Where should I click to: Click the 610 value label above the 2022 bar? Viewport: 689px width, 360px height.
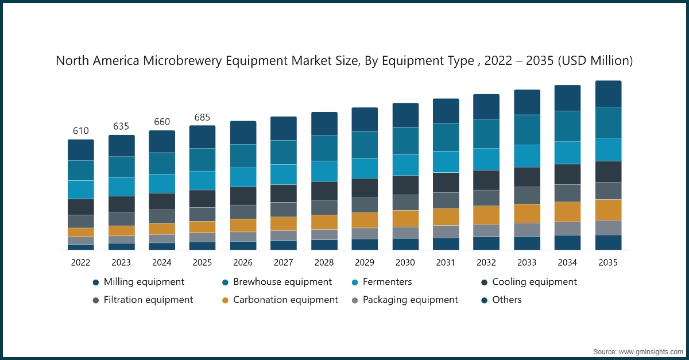tap(80, 131)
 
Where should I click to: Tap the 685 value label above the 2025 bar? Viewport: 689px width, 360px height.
tap(202, 117)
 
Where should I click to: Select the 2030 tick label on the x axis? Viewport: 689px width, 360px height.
tap(405, 262)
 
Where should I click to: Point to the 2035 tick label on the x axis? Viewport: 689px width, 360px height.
tap(607, 262)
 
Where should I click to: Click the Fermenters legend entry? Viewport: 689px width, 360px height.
tap(386, 282)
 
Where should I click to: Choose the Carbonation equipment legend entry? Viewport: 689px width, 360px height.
tap(285, 300)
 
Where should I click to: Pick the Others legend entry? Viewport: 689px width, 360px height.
tap(506, 300)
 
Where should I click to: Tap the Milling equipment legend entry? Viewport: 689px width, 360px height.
tap(144, 282)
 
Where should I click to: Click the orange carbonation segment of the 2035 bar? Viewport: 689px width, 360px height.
tap(608, 210)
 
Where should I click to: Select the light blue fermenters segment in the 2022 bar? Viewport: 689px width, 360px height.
tap(80, 189)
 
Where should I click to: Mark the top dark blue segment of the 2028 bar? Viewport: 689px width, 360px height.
tap(324, 123)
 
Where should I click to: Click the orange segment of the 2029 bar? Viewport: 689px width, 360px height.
tap(365, 220)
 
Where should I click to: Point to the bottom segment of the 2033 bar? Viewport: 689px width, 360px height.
tap(527, 243)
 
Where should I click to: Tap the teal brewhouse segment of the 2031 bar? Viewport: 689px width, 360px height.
tap(446, 137)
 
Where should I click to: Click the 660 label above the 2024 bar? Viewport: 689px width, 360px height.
tap(161, 122)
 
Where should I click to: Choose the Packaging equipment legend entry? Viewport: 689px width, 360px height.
tap(410, 300)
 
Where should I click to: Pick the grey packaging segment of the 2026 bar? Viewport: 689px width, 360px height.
tap(243, 236)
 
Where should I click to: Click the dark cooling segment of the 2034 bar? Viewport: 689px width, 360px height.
tap(567, 174)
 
